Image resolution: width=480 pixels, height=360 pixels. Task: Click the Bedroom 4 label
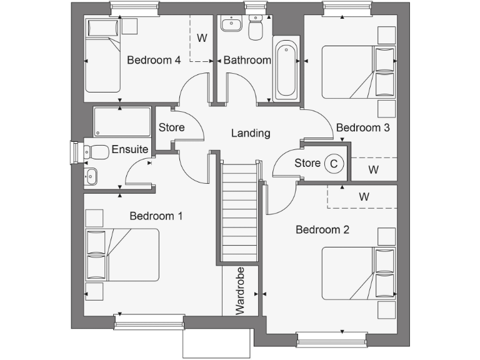click(154, 61)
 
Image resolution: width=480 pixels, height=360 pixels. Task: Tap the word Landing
click(251, 133)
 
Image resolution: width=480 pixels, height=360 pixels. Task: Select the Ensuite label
click(130, 149)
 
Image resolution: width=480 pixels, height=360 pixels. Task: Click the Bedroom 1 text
click(156, 216)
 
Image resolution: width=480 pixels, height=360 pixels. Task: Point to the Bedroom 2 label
click(322, 229)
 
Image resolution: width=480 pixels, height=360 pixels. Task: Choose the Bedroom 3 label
click(363, 127)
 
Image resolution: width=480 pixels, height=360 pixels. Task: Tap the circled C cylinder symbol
click(334, 164)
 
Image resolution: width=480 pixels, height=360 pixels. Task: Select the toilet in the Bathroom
click(255, 28)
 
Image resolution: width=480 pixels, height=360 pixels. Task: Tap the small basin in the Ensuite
click(91, 177)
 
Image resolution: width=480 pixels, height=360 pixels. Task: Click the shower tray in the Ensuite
click(122, 121)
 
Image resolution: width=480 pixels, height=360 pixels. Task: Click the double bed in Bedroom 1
click(123, 254)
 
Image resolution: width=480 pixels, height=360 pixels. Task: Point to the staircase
click(239, 209)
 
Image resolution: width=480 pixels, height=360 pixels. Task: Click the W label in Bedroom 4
click(202, 38)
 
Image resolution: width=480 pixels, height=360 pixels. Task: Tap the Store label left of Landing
click(171, 127)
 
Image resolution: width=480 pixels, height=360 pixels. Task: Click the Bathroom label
click(247, 61)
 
